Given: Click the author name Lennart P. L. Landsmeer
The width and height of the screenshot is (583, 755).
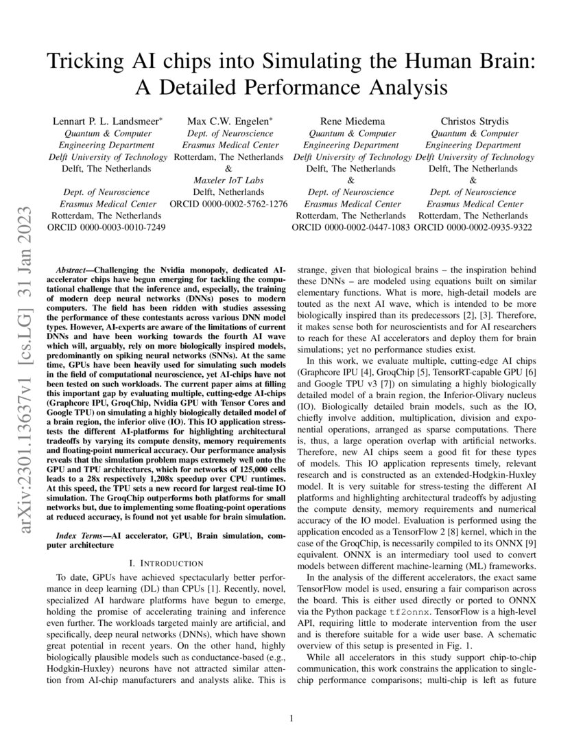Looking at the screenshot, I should point(108,121).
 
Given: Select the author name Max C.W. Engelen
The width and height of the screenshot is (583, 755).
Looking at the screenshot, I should point(230,121).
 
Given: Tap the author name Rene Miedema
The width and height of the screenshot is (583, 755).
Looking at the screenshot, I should point(353,121).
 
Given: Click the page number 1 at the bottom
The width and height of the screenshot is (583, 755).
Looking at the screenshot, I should point(291,719).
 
